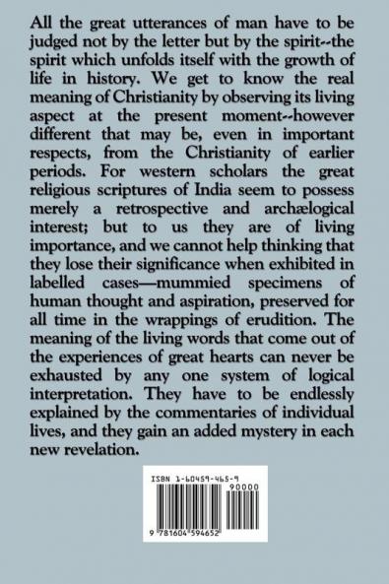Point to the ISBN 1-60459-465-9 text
pos(193,505)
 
